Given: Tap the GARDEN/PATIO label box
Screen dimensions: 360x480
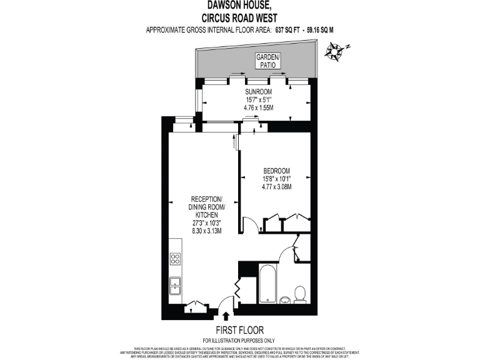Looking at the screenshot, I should click(268, 61).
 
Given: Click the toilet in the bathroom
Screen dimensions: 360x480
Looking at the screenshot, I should click(300, 293).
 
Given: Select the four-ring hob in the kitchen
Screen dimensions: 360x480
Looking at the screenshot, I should click(176, 259).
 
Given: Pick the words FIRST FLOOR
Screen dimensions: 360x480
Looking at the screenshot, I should click(240, 330).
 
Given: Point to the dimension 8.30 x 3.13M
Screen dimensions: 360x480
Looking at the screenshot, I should click(204, 230).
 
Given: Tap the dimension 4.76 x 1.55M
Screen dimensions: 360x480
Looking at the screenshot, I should click(259, 107).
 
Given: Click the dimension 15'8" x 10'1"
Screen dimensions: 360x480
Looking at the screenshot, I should click(276, 179).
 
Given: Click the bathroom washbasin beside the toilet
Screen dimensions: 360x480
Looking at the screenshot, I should click(285, 299).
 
